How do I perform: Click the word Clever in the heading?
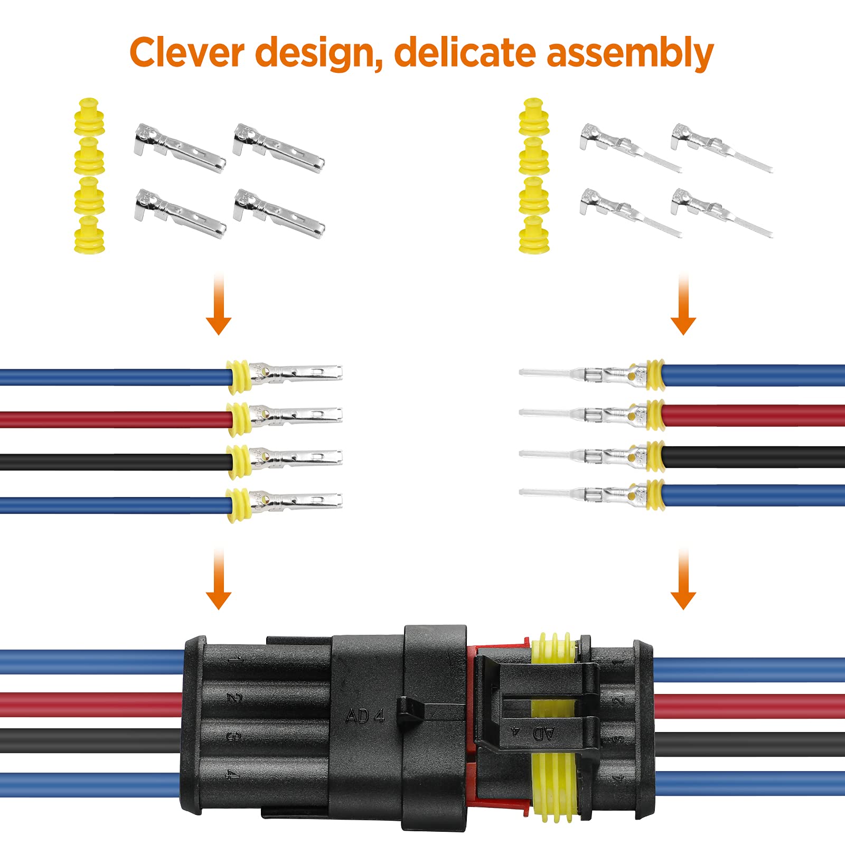(x=187, y=53)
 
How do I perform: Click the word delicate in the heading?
(x=465, y=53)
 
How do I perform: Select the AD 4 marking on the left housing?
(x=364, y=716)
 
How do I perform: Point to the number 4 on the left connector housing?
(x=233, y=775)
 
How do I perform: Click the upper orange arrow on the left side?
(x=219, y=306)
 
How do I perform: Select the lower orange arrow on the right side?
(x=683, y=581)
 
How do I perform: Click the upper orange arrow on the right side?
(x=683, y=306)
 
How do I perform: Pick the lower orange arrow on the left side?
(x=219, y=581)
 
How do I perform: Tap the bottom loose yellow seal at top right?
(x=534, y=235)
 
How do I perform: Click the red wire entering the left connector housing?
(x=90, y=705)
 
